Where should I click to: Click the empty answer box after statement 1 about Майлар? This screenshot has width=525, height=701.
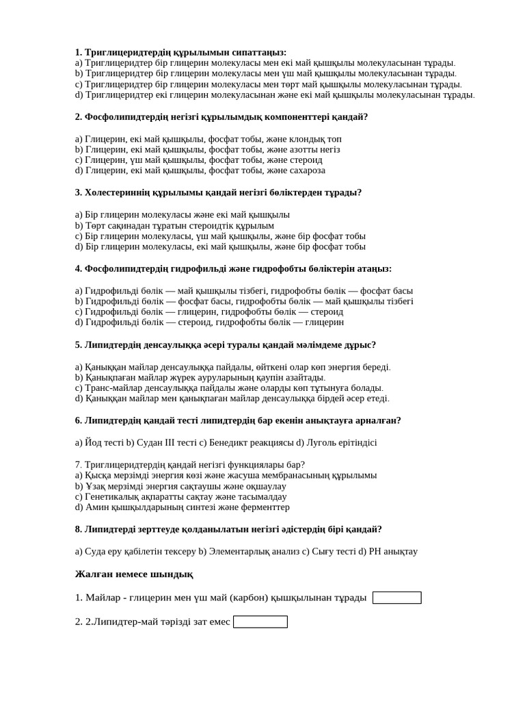pos(396,598)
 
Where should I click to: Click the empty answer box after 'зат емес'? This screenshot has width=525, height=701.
pos(260,622)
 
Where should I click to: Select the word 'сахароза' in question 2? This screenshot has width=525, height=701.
pos(306,170)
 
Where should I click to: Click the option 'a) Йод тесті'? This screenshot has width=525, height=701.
pos(99,442)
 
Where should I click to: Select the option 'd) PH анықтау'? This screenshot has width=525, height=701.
pos(388,551)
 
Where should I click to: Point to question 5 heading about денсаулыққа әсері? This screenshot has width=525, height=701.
pos(226,345)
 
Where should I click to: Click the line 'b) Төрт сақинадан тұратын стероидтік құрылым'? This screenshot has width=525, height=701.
pos(174,225)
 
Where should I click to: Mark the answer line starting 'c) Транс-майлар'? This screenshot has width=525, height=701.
pos(229,387)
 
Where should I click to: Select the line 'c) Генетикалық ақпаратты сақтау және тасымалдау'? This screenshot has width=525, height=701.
pos(181,496)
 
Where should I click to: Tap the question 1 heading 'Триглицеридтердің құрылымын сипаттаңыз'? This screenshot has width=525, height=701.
pos(181,52)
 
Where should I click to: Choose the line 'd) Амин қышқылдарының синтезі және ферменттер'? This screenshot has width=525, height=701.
pos(183,507)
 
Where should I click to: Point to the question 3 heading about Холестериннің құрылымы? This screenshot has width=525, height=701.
pos(219,192)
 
